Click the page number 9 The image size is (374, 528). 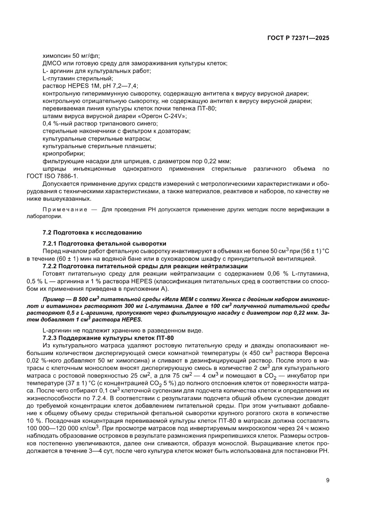[x=327, y=481]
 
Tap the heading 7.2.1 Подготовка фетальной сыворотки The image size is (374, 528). [x=104, y=243]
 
